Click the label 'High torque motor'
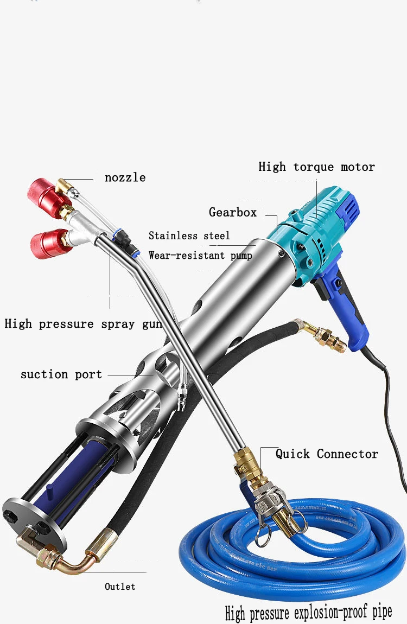click(x=316, y=167)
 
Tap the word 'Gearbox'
click(x=233, y=212)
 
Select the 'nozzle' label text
click(x=125, y=177)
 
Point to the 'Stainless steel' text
click(x=189, y=235)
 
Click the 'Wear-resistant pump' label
click(x=200, y=255)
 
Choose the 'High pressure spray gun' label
click(x=83, y=324)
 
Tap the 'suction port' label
click(x=61, y=374)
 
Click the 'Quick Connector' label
click(x=327, y=454)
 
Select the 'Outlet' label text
click(x=120, y=587)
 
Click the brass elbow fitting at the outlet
click(x=65, y=559)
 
